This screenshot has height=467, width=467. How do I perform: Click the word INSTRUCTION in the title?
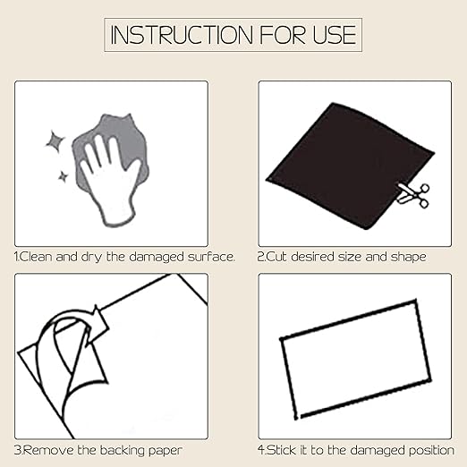click(182, 35)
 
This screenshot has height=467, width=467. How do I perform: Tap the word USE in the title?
click(335, 35)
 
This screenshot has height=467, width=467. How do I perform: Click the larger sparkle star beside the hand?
click(55, 140)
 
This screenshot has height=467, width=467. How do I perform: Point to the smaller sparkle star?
click(63, 176)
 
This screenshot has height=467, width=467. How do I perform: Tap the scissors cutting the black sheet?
click(413, 194)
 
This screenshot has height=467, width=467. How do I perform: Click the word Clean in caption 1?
click(35, 257)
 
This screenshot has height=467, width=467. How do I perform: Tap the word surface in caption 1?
click(210, 257)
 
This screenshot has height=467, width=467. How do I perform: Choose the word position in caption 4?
click(431, 451)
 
